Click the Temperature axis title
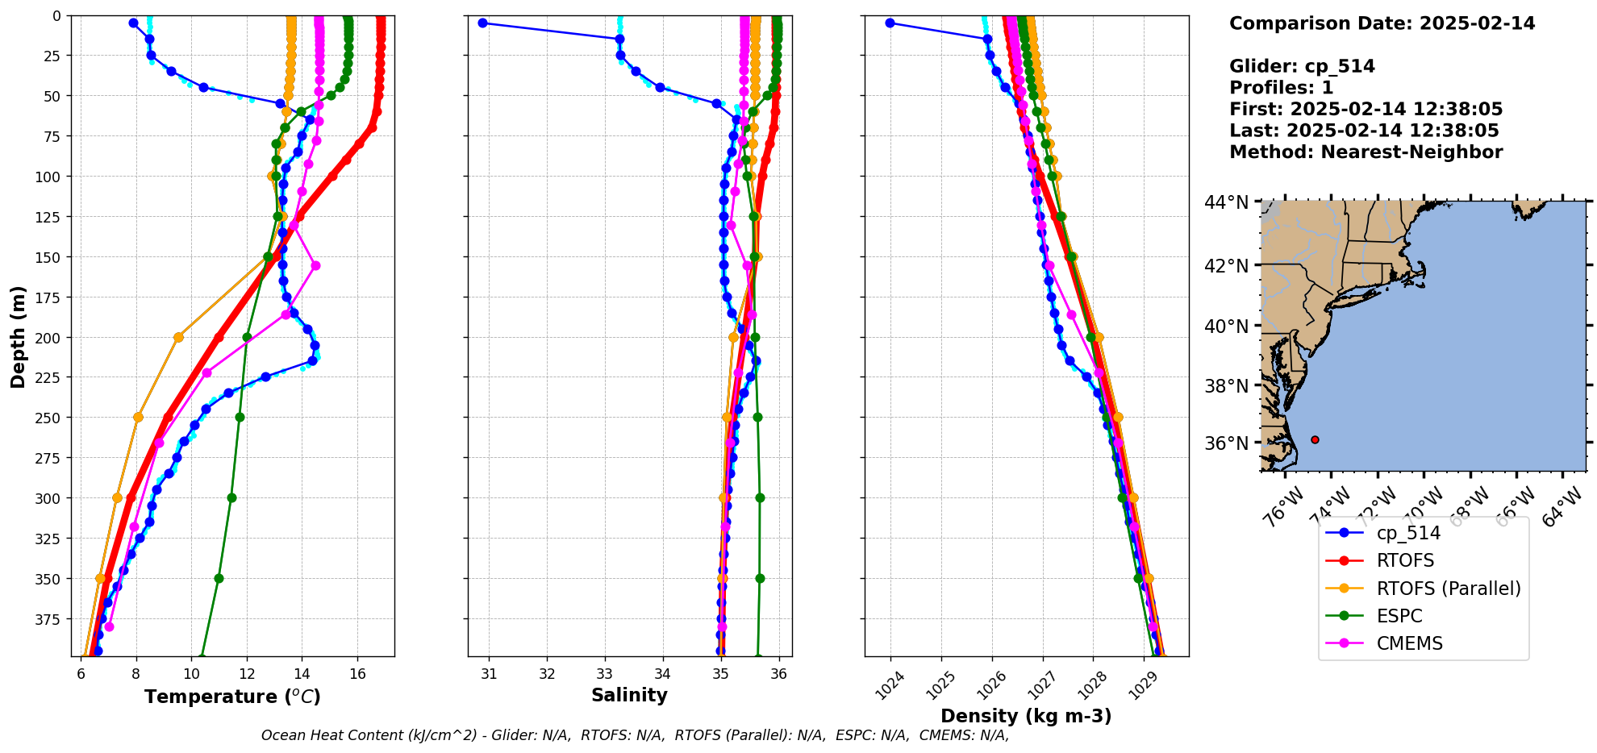click(x=232, y=697)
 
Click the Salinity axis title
click(x=629, y=695)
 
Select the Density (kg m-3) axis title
click(x=1026, y=716)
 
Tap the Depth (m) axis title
click(x=18, y=336)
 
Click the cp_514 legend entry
click(x=1407, y=533)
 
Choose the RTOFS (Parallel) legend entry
click(x=1448, y=589)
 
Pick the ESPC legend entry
click(x=1399, y=616)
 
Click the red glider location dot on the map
click(x=1315, y=439)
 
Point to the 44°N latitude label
click(x=1226, y=202)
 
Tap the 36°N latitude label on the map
click(x=1226, y=443)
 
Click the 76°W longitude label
click(x=1282, y=506)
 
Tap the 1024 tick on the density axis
click(x=886, y=685)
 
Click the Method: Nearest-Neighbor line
click(x=1366, y=152)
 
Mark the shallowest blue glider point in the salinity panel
click(x=482, y=23)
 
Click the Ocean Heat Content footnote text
click(x=635, y=735)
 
